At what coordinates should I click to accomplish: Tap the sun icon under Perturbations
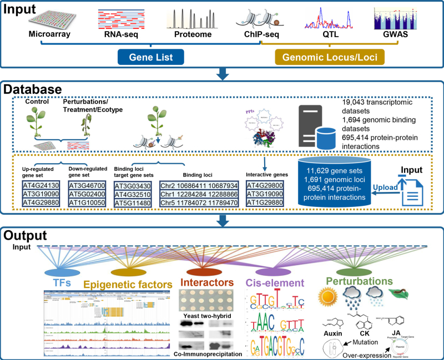point(326,295)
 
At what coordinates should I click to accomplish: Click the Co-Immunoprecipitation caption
point(207,353)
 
